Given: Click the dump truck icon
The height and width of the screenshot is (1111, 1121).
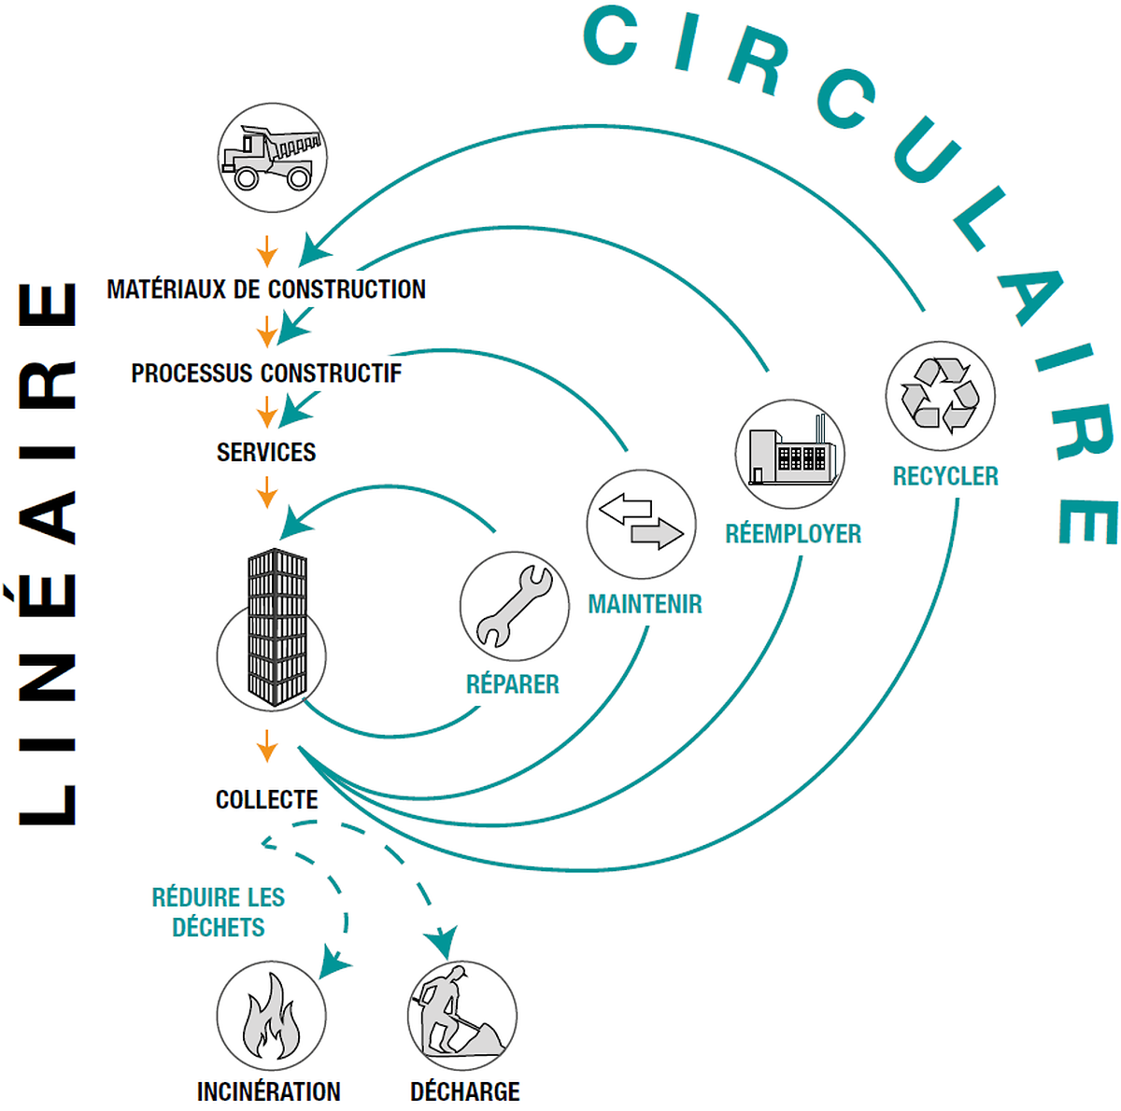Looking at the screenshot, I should (272, 157).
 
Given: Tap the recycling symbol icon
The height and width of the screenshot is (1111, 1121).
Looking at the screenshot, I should (940, 395).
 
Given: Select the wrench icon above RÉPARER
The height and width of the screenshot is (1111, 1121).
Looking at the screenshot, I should (514, 606).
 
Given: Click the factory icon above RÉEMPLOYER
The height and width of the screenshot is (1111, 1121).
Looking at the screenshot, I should (789, 455).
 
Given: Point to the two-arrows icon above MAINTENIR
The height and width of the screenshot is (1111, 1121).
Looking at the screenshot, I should (641, 524).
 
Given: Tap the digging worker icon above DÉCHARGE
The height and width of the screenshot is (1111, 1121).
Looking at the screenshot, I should (461, 1016).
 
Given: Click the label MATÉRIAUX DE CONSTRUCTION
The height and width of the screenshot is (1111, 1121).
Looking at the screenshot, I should (266, 289).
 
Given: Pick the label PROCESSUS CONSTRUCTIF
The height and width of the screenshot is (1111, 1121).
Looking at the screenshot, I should (266, 373).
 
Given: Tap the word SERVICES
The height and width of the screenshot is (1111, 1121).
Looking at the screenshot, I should (266, 453).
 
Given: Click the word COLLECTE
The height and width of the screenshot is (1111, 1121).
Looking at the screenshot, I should (266, 800).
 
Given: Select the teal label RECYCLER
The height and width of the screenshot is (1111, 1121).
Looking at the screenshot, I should (945, 477).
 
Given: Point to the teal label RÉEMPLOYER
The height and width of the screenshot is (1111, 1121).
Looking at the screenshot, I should (793, 534).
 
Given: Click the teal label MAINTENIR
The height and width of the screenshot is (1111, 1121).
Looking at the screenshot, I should (645, 604).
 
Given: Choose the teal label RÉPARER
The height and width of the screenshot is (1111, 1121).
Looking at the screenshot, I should (513, 684).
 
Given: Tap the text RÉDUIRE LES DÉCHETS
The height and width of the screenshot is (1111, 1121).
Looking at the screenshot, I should (219, 912).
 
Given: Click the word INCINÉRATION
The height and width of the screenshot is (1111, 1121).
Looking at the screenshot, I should (268, 1091).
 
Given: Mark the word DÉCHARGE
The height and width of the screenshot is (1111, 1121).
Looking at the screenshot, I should (464, 1091).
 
